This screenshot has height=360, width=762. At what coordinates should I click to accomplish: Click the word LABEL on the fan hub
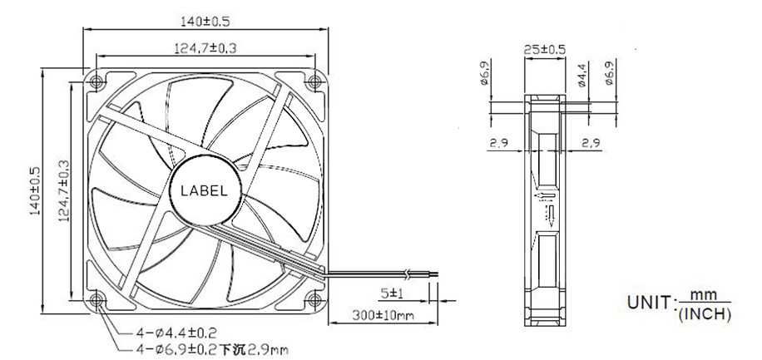click(x=204, y=191)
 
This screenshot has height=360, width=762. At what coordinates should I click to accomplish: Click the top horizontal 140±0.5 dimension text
click(x=205, y=22)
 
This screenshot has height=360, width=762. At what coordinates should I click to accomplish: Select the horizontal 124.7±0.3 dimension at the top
click(x=205, y=48)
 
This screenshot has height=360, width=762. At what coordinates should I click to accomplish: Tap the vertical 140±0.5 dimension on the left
click(x=35, y=191)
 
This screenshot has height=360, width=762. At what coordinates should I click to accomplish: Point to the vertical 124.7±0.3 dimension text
click(x=64, y=191)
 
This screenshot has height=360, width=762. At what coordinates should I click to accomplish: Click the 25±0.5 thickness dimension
click(x=544, y=49)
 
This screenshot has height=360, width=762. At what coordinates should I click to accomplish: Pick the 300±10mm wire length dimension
click(x=383, y=316)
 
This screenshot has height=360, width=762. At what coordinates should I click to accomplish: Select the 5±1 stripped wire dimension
click(x=392, y=293)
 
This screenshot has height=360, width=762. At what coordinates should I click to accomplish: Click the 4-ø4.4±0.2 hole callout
click(x=176, y=333)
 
